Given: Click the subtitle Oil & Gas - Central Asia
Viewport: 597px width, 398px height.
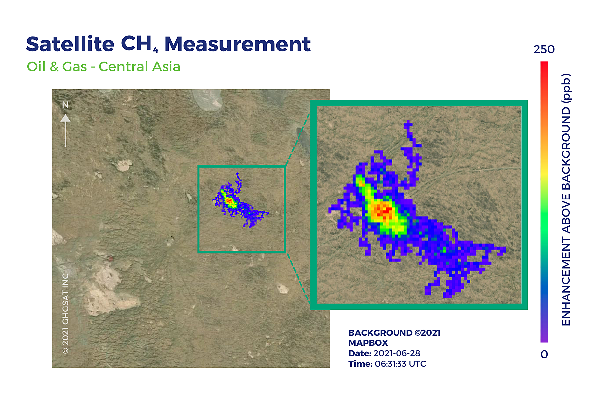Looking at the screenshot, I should pos(103,66).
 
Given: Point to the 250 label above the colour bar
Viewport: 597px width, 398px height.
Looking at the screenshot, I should pos(544,50).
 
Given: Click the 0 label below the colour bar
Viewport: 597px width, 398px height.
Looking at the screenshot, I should pos(544,354).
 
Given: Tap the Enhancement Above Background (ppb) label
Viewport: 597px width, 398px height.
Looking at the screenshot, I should pos(566,199).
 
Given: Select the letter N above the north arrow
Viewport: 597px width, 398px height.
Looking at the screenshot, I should pos(65,105).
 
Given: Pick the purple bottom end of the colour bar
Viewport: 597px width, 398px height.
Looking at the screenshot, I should pos(544,340).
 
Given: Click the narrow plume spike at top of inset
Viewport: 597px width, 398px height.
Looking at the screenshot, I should pos(409,130).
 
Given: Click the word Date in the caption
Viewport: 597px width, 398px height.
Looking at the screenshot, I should pos(359,353).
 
